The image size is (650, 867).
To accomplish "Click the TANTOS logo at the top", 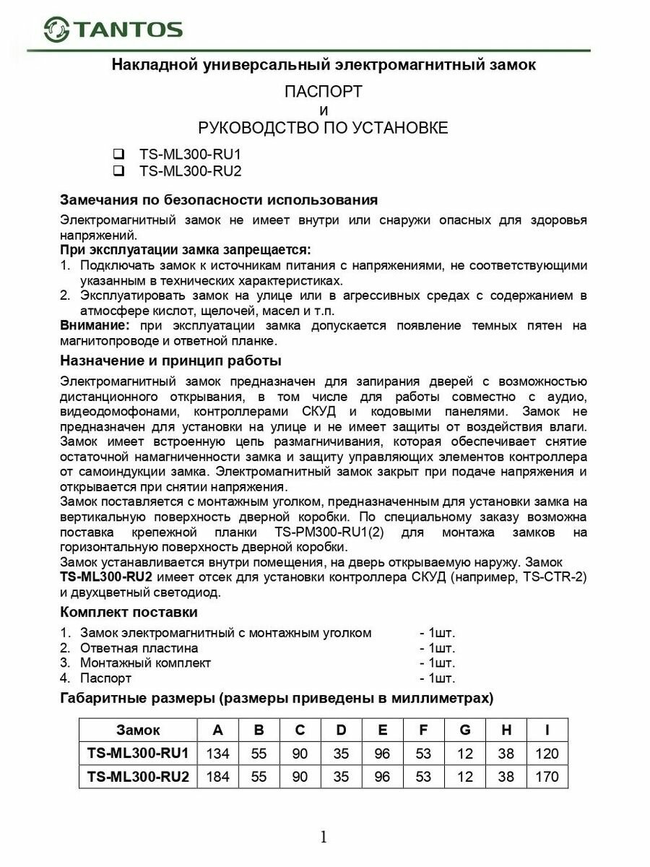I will point(113,29).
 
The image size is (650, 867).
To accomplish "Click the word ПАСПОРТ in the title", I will point(323,92).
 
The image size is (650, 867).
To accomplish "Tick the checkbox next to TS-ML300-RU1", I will point(119,154).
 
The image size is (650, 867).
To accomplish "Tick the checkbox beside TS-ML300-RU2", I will point(119,171).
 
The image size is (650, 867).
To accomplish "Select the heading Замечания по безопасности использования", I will point(218,199).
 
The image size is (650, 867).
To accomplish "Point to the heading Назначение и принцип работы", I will point(170,360).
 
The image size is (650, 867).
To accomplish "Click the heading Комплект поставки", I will point(129,613).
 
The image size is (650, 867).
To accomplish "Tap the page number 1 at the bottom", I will point(324,837).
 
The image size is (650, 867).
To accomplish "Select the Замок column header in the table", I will point(138,730).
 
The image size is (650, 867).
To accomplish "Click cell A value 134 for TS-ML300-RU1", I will point(217,754).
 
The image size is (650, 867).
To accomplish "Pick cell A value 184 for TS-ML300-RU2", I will point(217,777).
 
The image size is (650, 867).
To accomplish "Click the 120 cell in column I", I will point(547,754).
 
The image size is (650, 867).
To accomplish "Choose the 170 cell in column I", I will point(547,777).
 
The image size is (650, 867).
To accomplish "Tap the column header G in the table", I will point(465,730).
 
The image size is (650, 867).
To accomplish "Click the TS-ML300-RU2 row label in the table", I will point(138,777).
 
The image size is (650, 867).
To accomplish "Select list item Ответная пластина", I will point(139,648).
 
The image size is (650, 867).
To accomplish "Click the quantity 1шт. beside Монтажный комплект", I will point(437,663).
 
